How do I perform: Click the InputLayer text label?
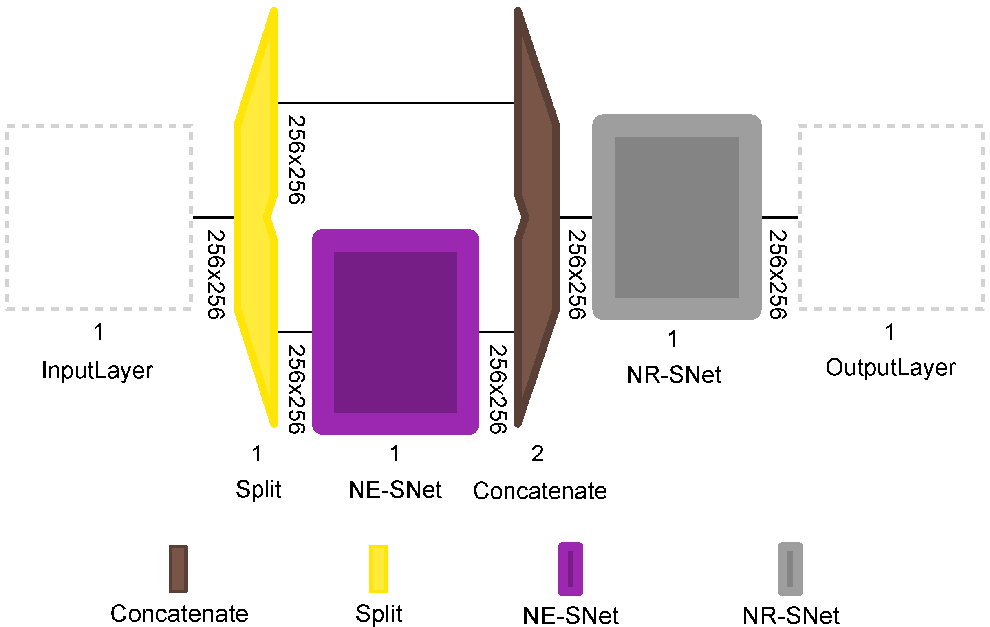pyautogui.click(x=97, y=371)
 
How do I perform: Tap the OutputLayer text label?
pyautogui.click(x=890, y=368)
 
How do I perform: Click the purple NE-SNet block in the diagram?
pyautogui.click(x=395, y=331)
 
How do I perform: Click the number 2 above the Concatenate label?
pyautogui.click(x=537, y=454)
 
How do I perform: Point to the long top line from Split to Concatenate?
pyautogui.click(x=395, y=102)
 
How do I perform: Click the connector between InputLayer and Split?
pyautogui.click(x=213, y=217)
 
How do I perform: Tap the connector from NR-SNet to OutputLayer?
pyautogui.click(x=779, y=217)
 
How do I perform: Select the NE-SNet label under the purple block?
pyautogui.click(x=395, y=490)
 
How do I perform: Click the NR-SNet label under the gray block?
pyautogui.click(x=674, y=375)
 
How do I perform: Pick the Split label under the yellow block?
pyautogui.click(x=258, y=489)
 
